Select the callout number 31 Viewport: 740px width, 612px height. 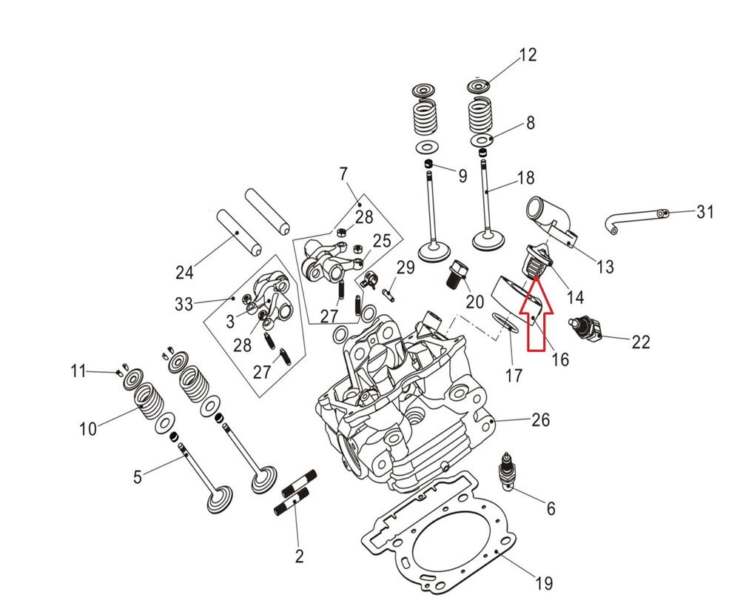point(705,213)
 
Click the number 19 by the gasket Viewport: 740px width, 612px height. point(543,584)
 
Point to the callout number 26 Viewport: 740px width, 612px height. point(541,420)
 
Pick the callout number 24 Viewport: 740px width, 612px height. point(184,273)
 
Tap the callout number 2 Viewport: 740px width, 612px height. point(299,556)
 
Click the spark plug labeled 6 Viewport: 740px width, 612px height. point(508,473)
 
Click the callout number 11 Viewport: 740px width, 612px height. point(79,370)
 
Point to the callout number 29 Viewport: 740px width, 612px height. point(406,267)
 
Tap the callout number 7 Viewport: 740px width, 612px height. point(343,175)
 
